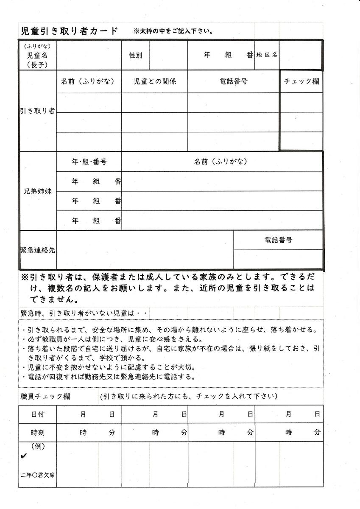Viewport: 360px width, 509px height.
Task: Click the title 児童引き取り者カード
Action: pyautogui.click(x=69, y=31)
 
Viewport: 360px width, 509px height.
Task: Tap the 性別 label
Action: pyautogui.click(x=136, y=56)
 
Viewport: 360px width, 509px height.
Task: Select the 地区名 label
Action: pyautogui.click(x=267, y=55)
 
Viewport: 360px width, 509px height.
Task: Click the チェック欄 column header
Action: pyautogui.click(x=301, y=81)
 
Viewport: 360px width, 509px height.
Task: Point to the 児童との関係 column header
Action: pyautogui.click(x=155, y=81)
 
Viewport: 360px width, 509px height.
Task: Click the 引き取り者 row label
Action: pyautogui.click(x=38, y=111)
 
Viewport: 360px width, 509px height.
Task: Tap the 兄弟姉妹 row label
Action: pyautogui.click(x=38, y=191)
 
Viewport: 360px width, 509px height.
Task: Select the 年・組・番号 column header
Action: pyautogui.click(x=89, y=162)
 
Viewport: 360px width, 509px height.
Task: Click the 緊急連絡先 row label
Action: pyautogui.click(x=38, y=250)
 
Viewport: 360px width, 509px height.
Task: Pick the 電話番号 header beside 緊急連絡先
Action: pyautogui.click(x=278, y=240)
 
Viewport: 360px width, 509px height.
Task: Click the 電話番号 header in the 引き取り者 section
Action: pyautogui.click(x=234, y=81)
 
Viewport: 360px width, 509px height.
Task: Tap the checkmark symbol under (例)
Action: pyautogui.click(x=24, y=456)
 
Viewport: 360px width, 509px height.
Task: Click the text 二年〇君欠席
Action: pyautogui.click(x=37, y=475)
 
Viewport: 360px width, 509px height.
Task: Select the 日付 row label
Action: pyautogui.click(x=37, y=414)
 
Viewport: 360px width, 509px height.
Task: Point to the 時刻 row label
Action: pyautogui.click(x=37, y=433)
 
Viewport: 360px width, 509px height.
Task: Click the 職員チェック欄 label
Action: pyautogui.click(x=45, y=397)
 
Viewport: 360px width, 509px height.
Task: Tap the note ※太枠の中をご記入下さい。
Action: pyautogui.click(x=173, y=31)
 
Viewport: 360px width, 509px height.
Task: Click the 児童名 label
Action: pyautogui.click(x=37, y=55)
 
